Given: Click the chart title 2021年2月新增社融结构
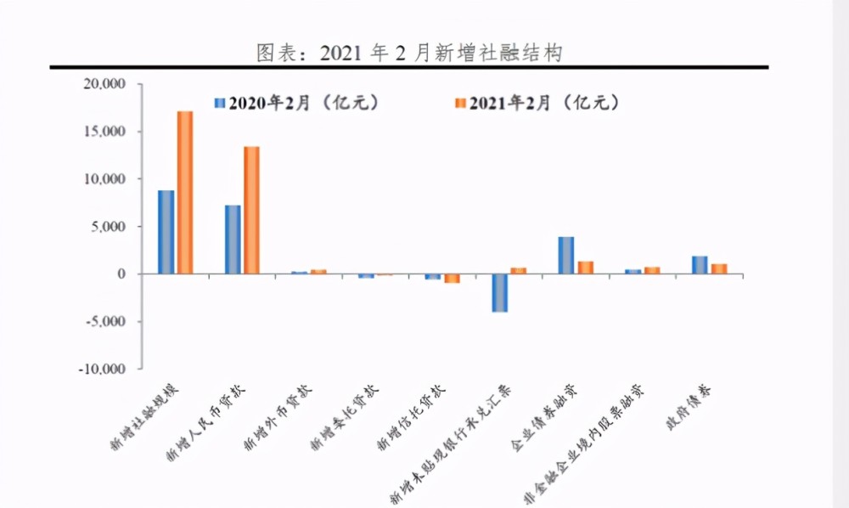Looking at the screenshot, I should click(410, 53).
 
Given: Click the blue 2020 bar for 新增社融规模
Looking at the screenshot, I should click(166, 232).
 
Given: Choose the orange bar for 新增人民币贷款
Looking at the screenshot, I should click(251, 210).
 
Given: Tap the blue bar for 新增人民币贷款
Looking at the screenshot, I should click(233, 240).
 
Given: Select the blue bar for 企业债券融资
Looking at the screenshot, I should click(566, 255).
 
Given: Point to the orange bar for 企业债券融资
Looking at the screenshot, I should click(585, 268).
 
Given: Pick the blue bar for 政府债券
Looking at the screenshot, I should click(700, 265).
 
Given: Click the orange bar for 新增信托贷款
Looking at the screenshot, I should click(452, 279).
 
